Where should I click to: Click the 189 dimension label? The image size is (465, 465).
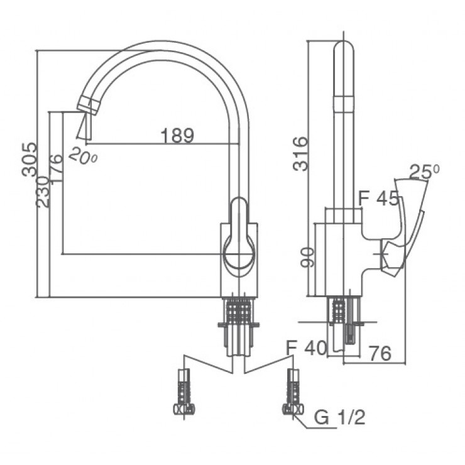pos(177,134)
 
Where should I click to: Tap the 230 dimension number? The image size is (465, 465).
pos(43,191)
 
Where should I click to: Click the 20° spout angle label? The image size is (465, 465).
pos(83,155)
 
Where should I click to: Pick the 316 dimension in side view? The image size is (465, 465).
pos(301,153)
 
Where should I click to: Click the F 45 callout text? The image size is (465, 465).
pos(378,199)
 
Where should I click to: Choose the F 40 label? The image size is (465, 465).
pos(306,347)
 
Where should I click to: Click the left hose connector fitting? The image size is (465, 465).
pos(184,392)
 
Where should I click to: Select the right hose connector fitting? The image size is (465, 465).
pos(292,392)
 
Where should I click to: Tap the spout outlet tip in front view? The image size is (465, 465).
pos(84,126)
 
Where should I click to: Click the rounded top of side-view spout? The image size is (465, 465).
pos(343,50)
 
